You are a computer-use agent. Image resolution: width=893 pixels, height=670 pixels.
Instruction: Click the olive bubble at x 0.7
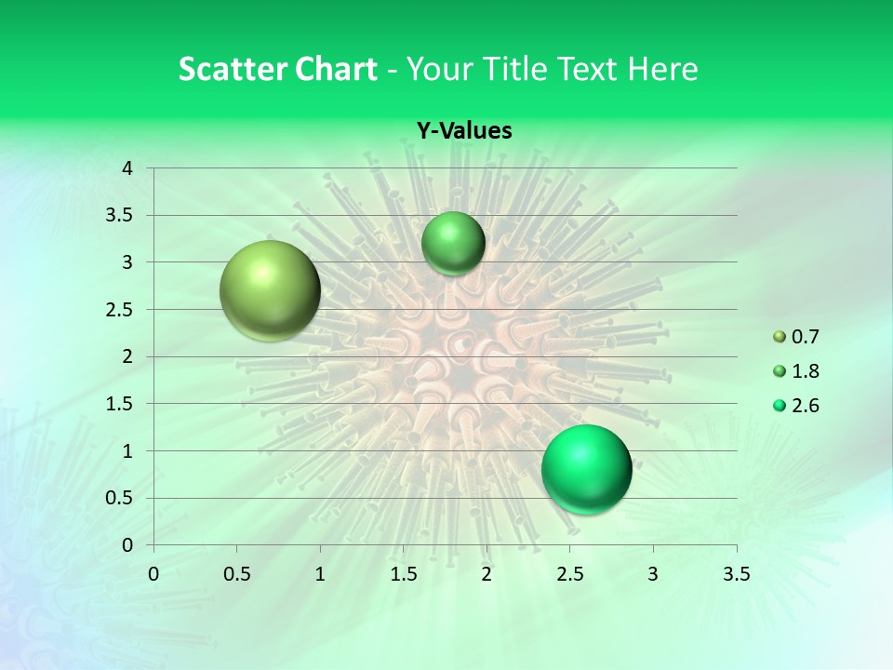click(271, 290)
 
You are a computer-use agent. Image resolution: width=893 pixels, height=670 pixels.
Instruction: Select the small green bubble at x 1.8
click(453, 243)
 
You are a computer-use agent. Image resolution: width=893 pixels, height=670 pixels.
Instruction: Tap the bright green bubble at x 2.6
click(586, 469)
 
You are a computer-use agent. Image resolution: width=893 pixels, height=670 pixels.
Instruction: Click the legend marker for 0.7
click(780, 337)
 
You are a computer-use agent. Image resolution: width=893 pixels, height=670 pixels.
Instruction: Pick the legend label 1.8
click(805, 371)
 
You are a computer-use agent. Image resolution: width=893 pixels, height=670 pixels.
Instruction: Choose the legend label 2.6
click(805, 406)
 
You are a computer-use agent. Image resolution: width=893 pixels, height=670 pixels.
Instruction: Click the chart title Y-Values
click(463, 131)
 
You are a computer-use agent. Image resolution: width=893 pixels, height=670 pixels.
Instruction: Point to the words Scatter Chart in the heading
click(278, 69)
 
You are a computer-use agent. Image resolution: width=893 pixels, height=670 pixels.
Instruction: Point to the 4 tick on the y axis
click(127, 168)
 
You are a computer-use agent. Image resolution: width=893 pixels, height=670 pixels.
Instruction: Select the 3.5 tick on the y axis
click(122, 216)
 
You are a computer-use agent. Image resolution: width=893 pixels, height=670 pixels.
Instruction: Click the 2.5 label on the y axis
click(122, 310)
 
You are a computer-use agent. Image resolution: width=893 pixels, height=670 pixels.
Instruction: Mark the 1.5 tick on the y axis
click(122, 404)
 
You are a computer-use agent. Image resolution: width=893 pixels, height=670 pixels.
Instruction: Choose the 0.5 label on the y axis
click(122, 498)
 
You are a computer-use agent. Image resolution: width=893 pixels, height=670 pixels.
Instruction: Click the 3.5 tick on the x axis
click(737, 573)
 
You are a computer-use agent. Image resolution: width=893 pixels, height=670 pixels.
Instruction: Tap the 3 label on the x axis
click(653, 573)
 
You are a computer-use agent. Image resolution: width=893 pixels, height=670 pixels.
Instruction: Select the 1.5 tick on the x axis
click(403, 573)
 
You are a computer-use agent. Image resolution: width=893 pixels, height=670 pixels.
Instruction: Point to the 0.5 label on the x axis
click(236, 573)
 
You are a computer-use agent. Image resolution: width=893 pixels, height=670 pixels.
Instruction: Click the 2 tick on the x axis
click(486, 573)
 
